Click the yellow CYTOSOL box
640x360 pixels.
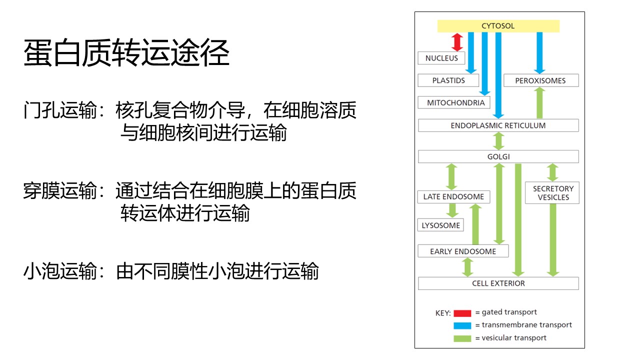point(498,26)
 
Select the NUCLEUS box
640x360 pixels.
point(441,58)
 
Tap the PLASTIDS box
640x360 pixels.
point(448,80)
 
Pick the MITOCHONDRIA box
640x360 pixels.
point(454,102)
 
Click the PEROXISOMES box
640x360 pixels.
point(541,80)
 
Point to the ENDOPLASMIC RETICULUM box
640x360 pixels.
point(498,125)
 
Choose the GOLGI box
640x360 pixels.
point(498,156)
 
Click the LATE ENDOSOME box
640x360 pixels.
point(453,197)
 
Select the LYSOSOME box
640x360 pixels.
point(440,225)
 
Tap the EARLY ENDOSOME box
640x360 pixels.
point(463,251)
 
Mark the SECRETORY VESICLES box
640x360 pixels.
point(552,193)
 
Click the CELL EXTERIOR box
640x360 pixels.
point(498,283)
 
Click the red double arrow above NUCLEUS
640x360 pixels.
point(457,42)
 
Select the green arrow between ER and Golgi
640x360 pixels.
point(498,141)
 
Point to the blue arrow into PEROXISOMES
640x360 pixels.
point(539,53)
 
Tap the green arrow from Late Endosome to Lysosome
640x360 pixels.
point(452,211)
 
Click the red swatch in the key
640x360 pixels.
point(462,313)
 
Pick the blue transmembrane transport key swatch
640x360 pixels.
point(462,325)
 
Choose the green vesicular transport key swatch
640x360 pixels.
point(462,338)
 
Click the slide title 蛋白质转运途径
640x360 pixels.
point(126,53)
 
